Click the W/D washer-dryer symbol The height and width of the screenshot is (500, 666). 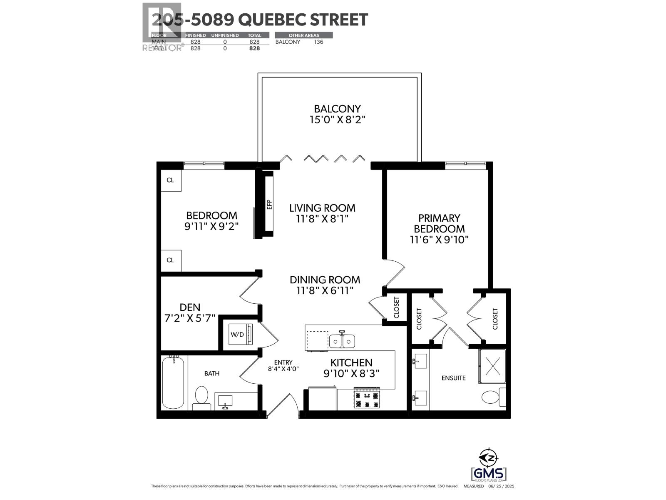[238, 335]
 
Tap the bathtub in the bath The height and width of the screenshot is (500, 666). [173, 382]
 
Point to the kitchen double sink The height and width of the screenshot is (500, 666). [342, 341]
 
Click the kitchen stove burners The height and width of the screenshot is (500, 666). [367, 399]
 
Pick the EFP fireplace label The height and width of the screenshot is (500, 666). [269, 205]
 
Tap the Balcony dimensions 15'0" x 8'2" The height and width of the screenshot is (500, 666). [337, 120]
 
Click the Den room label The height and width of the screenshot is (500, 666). [190, 307]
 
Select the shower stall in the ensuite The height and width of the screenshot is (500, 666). [492, 366]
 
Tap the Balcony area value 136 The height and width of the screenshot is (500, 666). [318, 42]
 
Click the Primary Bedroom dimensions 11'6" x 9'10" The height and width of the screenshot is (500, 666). [439, 240]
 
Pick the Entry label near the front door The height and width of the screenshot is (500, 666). [283, 362]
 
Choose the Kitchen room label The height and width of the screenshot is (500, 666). [351, 362]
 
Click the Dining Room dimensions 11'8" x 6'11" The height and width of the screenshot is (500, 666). [325, 290]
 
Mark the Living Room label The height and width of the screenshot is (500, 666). [322, 207]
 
